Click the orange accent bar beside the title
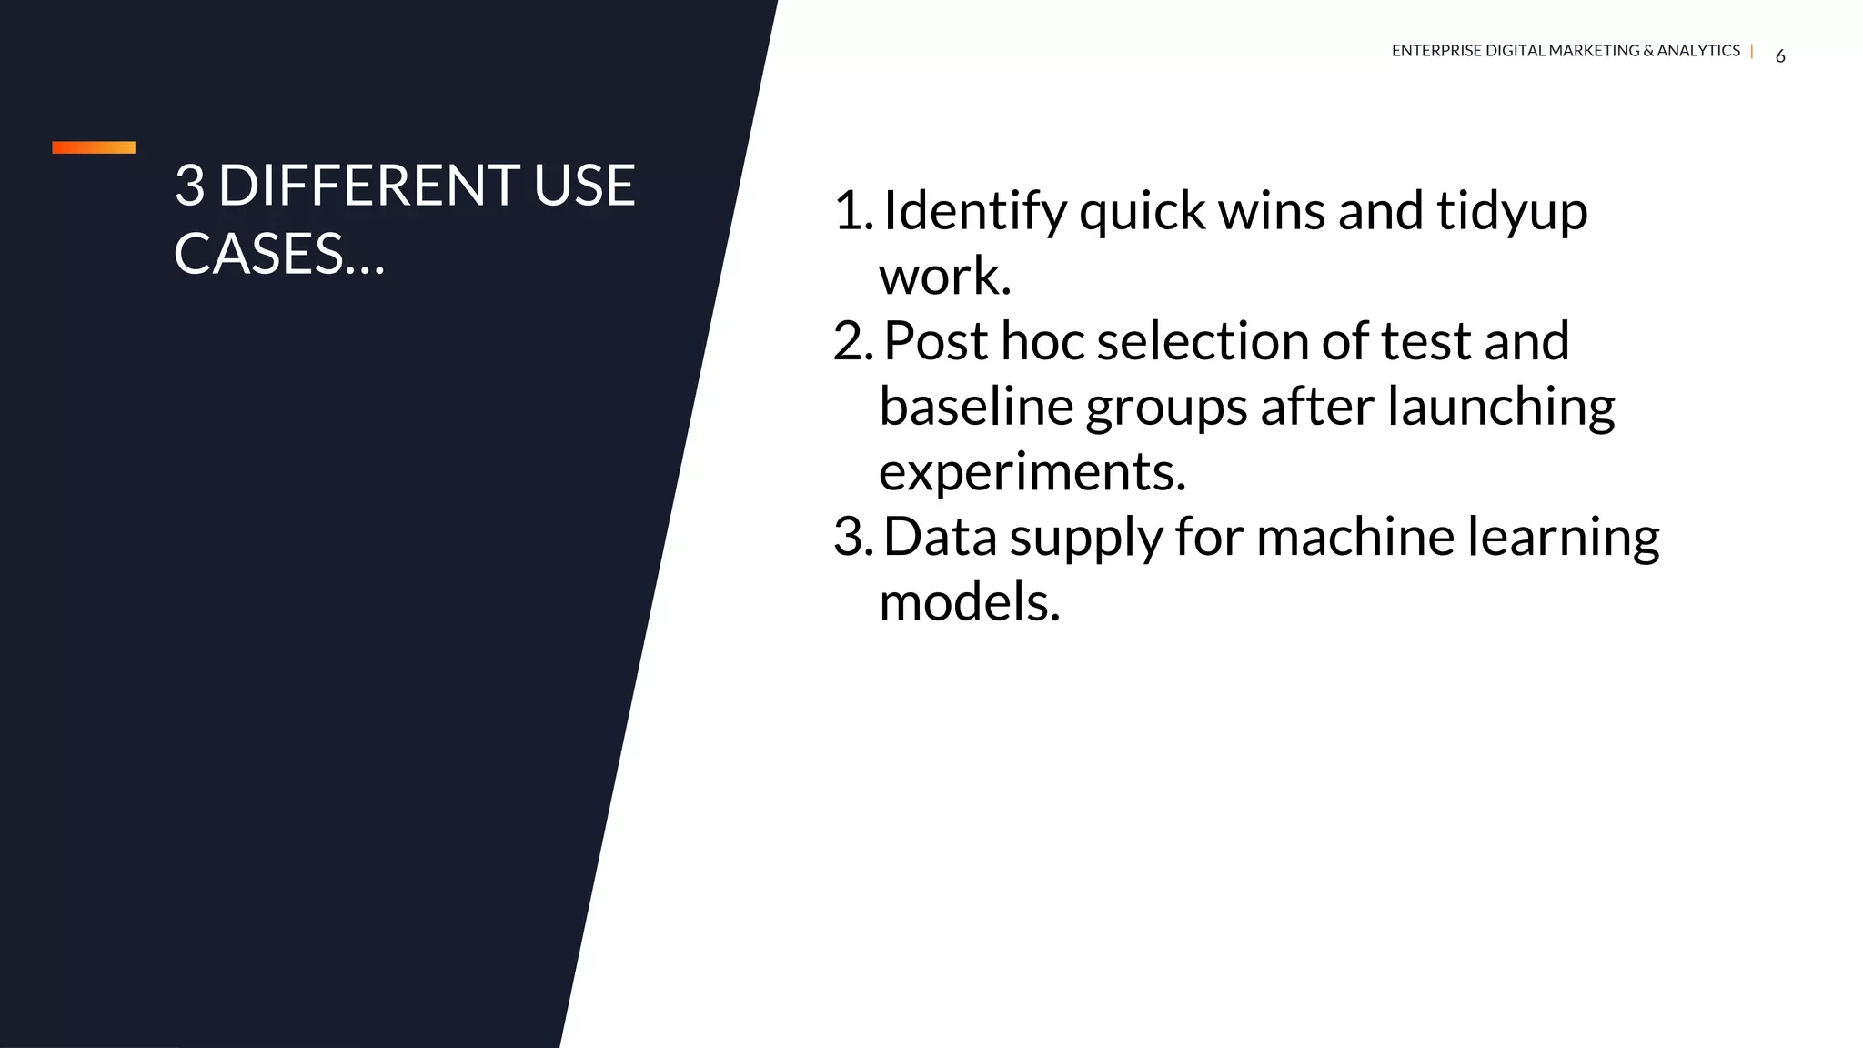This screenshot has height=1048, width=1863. tap(94, 147)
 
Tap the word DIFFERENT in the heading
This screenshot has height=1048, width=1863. tap(368, 186)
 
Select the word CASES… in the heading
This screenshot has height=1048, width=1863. tap(279, 254)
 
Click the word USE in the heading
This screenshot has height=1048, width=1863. tap(584, 186)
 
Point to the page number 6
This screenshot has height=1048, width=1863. tap(1780, 56)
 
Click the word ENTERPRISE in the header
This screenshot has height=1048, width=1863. tap(1436, 51)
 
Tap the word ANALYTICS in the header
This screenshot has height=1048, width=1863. tap(1697, 51)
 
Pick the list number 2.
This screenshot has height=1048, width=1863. tap(852, 341)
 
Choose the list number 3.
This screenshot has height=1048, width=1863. tap(852, 537)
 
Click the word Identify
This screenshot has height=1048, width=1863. tap(975, 211)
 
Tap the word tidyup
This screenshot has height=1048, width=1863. tap(1512, 211)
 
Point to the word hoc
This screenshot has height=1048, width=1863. tap(1042, 341)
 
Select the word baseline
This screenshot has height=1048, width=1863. tap(976, 406)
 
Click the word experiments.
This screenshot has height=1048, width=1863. tap(1032, 472)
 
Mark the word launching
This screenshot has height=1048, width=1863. tap(1501, 406)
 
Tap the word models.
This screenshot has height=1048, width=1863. tap(969, 602)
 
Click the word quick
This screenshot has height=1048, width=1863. tap(1143, 211)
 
